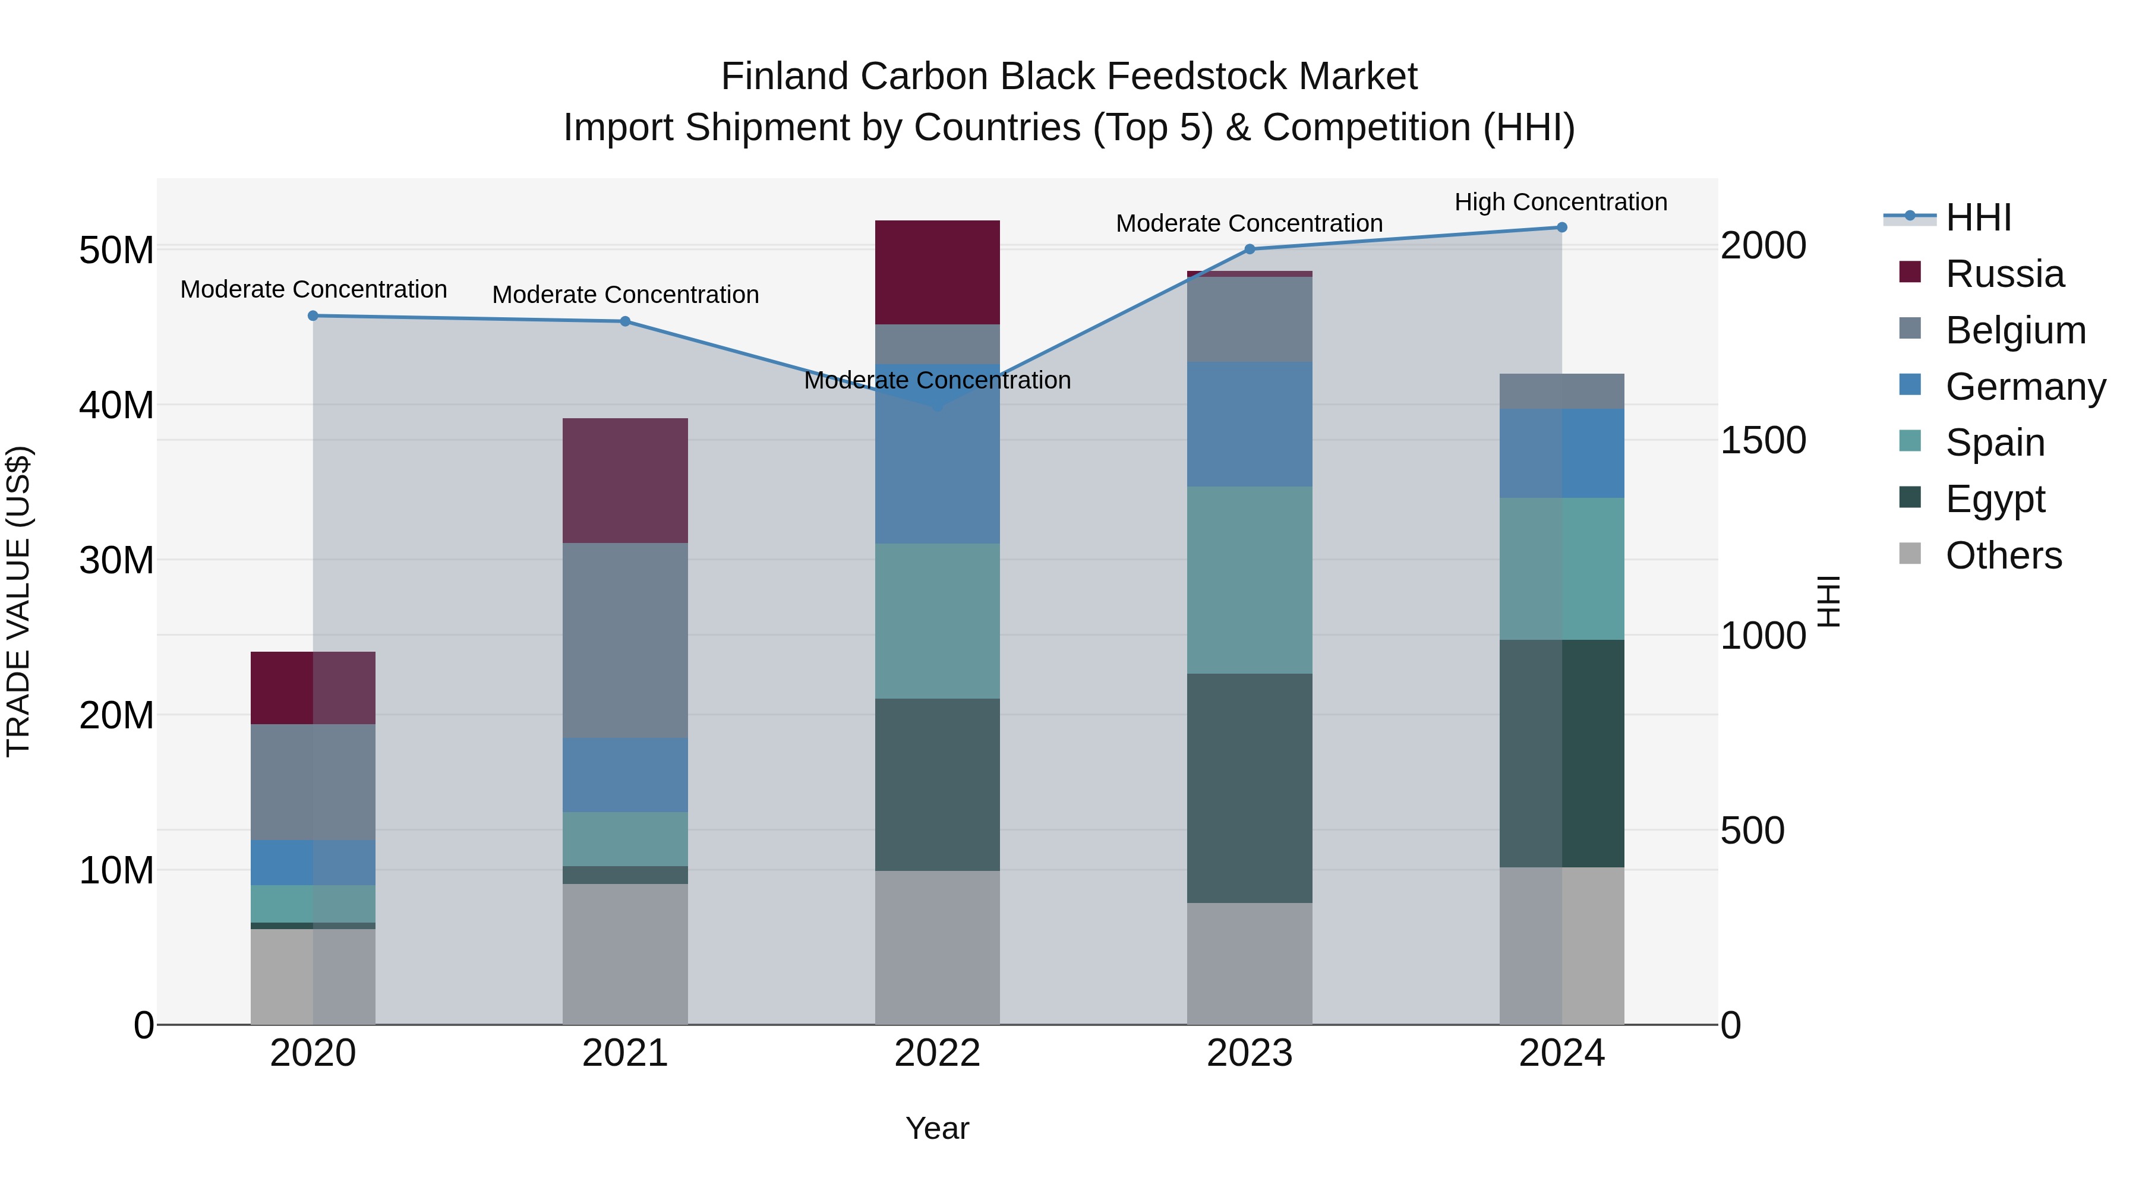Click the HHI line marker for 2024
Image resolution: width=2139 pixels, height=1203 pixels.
[x=1561, y=228]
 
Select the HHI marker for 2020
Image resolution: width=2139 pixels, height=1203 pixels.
[x=313, y=315]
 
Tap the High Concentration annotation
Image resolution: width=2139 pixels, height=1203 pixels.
[x=1560, y=202]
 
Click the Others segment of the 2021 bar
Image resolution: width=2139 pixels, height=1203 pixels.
[x=625, y=954]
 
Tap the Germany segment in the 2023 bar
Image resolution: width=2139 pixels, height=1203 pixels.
[x=1249, y=424]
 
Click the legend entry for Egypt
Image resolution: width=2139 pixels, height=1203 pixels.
[x=1995, y=499]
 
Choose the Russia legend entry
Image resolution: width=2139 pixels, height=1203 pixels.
[x=2004, y=274]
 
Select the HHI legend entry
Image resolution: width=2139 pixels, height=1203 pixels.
[x=1978, y=217]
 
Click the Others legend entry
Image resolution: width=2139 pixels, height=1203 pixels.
[x=2003, y=555]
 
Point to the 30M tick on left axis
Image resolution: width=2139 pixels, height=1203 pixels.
[x=116, y=560]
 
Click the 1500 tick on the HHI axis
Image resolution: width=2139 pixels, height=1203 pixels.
[x=1762, y=440]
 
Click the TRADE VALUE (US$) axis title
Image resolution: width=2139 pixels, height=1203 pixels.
[x=18, y=601]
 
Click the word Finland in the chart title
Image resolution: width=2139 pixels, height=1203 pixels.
[x=785, y=77]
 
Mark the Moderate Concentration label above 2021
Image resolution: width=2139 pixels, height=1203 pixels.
[x=625, y=295]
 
